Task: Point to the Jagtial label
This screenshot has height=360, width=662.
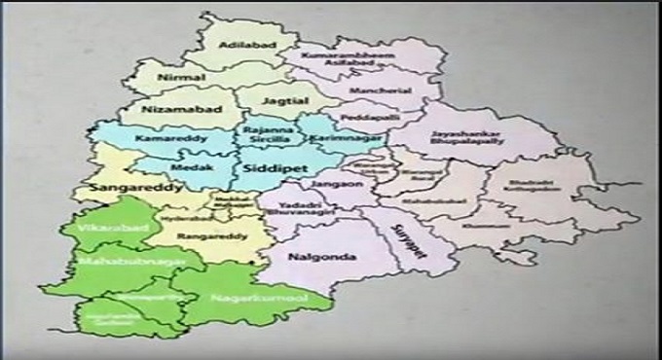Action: (x=288, y=100)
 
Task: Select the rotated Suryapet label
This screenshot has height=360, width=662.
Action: (x=401, y=237)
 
